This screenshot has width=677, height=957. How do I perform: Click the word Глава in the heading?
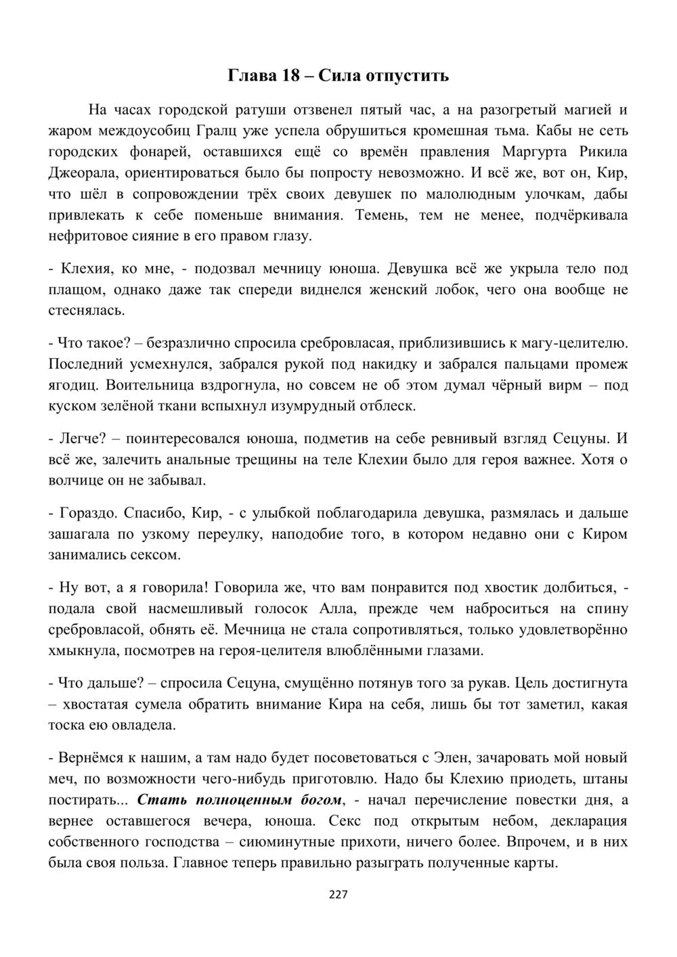pos(250,75)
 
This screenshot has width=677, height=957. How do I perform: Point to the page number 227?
pos(338,895)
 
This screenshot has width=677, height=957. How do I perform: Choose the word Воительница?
pos(114,385)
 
